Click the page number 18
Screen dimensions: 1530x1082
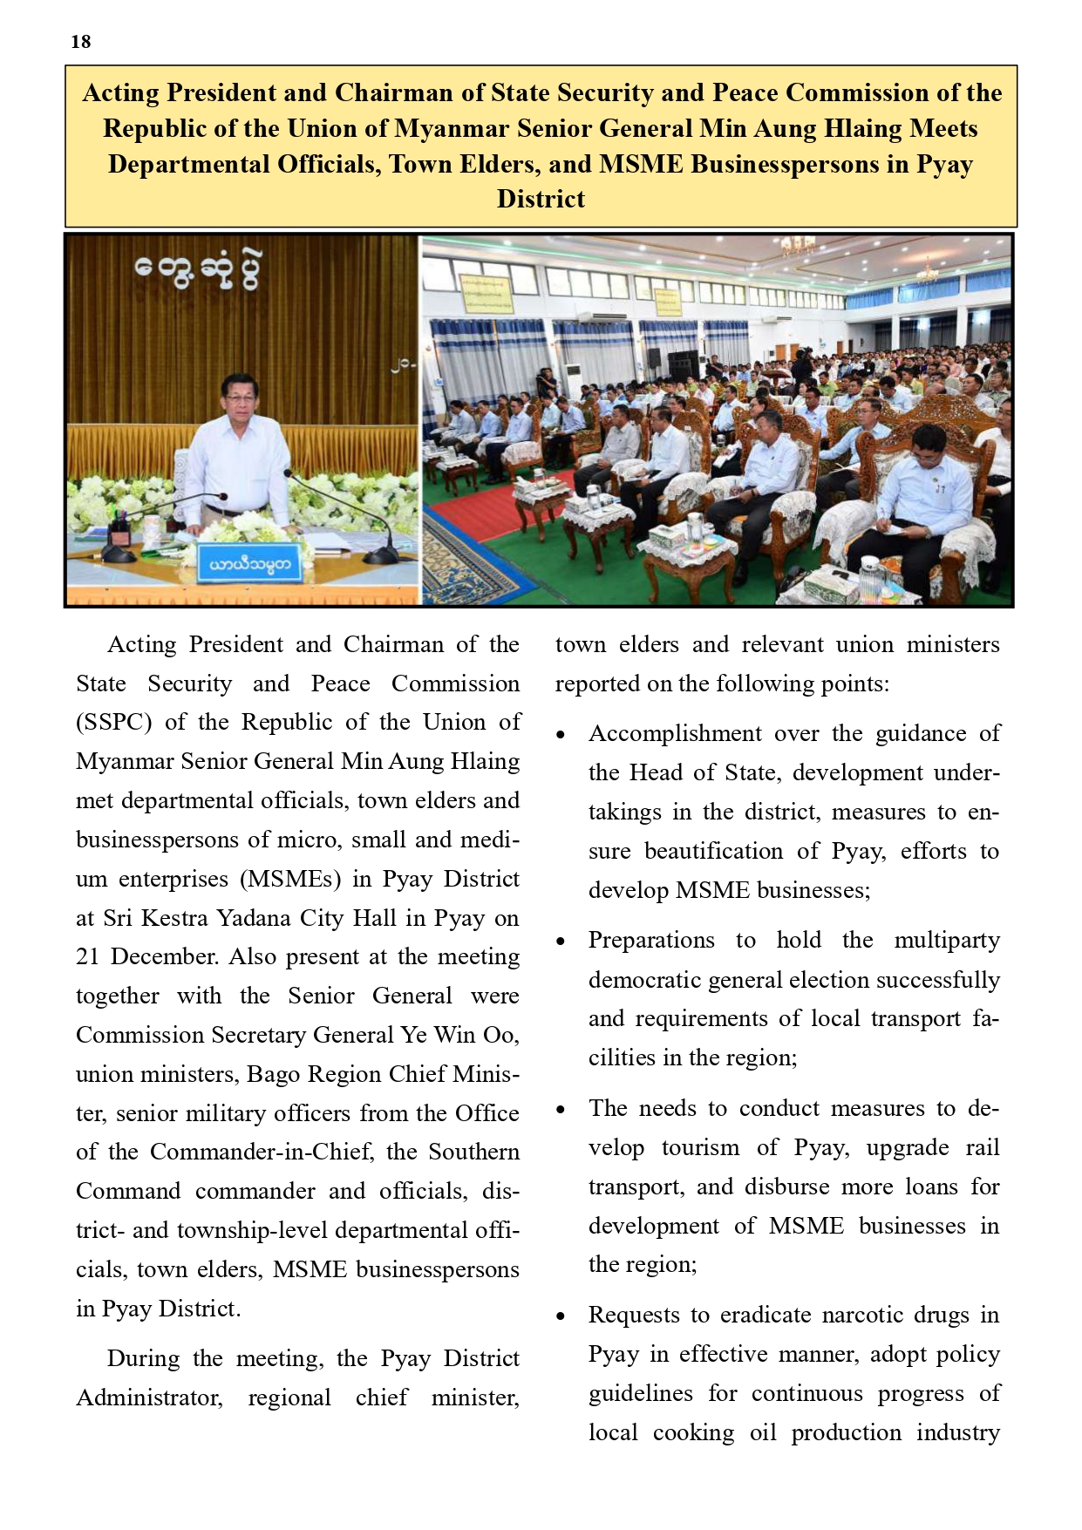tap(81, 42)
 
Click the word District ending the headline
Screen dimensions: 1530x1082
tap(541, 200)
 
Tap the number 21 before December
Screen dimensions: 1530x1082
tap(88, 957)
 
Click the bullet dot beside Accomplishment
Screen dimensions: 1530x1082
tap(561, 736)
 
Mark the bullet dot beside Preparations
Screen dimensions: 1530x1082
tap(561, 942)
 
